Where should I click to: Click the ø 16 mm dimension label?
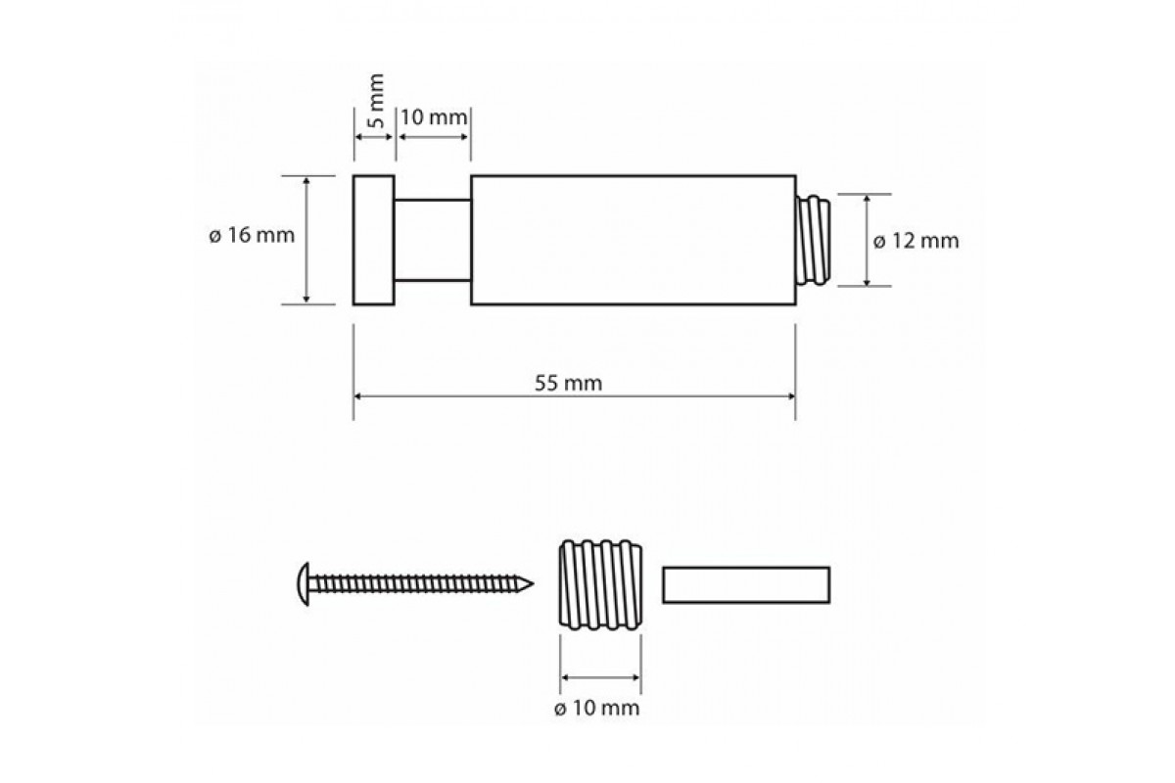[252, 236]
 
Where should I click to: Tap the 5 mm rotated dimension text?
[376, 101]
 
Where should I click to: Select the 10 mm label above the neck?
[434, 117]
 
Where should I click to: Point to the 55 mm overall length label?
[568, 384]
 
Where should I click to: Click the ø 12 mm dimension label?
[916, 241]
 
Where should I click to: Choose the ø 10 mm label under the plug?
[597, 708]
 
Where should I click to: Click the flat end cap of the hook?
[373, 240]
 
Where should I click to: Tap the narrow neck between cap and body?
[433, 240]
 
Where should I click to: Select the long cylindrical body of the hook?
[634, 240]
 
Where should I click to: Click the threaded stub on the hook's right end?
[813, 240]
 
